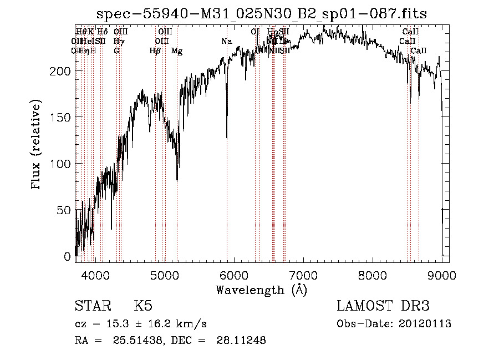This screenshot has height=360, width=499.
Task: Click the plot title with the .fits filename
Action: pos(262,14)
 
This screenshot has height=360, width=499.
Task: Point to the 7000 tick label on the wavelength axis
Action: pos(303,275)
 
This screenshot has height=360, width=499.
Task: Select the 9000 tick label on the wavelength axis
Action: pos(441,275)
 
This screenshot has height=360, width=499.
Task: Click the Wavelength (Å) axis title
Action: pos(261,290)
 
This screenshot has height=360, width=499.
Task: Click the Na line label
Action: pos(226,42)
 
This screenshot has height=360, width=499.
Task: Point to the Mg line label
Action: pos(177,51)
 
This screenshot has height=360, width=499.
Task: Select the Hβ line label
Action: pos(155,51)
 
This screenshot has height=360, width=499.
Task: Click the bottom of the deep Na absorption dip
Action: pos(227,137)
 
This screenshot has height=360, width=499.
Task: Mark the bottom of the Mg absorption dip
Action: pos(177,179)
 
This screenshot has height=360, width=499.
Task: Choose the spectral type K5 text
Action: pos(142,306)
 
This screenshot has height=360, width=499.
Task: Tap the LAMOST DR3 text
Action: pos(383,306)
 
